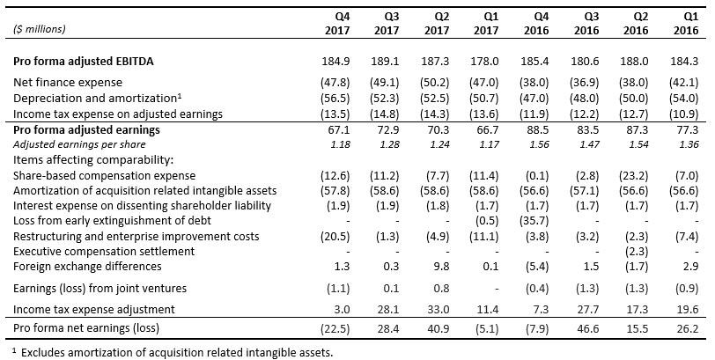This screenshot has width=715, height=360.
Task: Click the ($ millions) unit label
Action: (40, 29)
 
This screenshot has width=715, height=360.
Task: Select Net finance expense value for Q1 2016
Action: (689, 81)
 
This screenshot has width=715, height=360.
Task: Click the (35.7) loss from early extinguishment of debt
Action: (513, 221)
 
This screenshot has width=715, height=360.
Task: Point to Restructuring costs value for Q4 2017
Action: (337, 237)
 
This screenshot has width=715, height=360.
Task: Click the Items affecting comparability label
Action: (81, 160)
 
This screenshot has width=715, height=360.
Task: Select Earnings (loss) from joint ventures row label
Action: (100, 288)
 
